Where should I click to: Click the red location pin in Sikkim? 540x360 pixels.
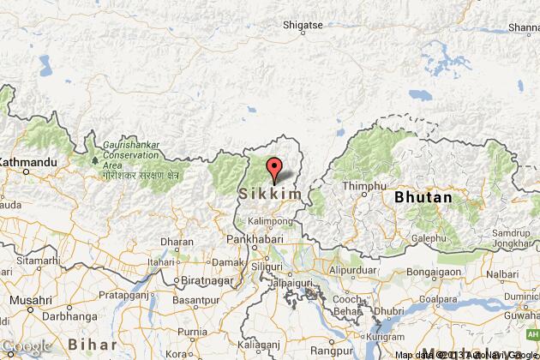coord(273,169)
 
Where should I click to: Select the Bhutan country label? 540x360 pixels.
coord(423,197)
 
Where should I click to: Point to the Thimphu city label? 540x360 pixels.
coord(360,186)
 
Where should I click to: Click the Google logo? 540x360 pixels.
coord(26,347)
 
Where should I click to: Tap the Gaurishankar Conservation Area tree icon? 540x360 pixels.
coord(94,159)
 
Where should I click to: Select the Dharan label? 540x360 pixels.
coord(177,242)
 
